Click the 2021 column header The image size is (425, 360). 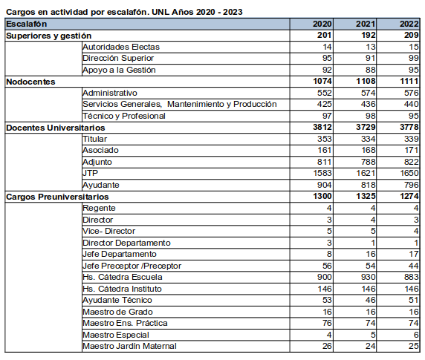pyautogui.click(x=366, y=24)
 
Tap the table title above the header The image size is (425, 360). pyautogui.click(x=124, y=12)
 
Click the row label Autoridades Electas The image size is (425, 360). pyautogui.click(x=121, y=47)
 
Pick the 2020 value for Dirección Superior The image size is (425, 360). pyautogui.click(x=327, y=58)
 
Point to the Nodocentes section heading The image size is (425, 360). pyautogui.click(x=30, y=82)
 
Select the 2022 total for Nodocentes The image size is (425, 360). pyautogui.click(x=409, y=81)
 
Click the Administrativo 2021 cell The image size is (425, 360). pyautogui.click(x=368, y=93)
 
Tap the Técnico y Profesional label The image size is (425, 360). pyautogui.click(x=124, y=116)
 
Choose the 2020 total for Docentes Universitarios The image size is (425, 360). pyautogui.click(x=322, y=127)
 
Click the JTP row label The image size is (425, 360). pyautogui.click(x=90, y=173)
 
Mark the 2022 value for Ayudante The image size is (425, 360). pyautogui.click(x=412, y=185)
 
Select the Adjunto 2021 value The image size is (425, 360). pyautogui.click(x=368, y=162)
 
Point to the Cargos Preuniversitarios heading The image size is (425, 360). pyautogui.click(x=57, y=197)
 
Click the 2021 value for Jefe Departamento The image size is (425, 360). pyautogui.click(x=371, y=254)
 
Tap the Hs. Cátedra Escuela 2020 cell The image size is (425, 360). pyautogui.click(x=325, y=277)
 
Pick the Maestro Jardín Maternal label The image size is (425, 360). pyautogui.click(x=129, y=346)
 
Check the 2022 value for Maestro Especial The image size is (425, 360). pyautogui.click(x=416, y=335)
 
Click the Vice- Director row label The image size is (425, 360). pyautogui.click(x=108, y=231)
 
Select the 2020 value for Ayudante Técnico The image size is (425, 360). pyautogui.click(x=327, y=300)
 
